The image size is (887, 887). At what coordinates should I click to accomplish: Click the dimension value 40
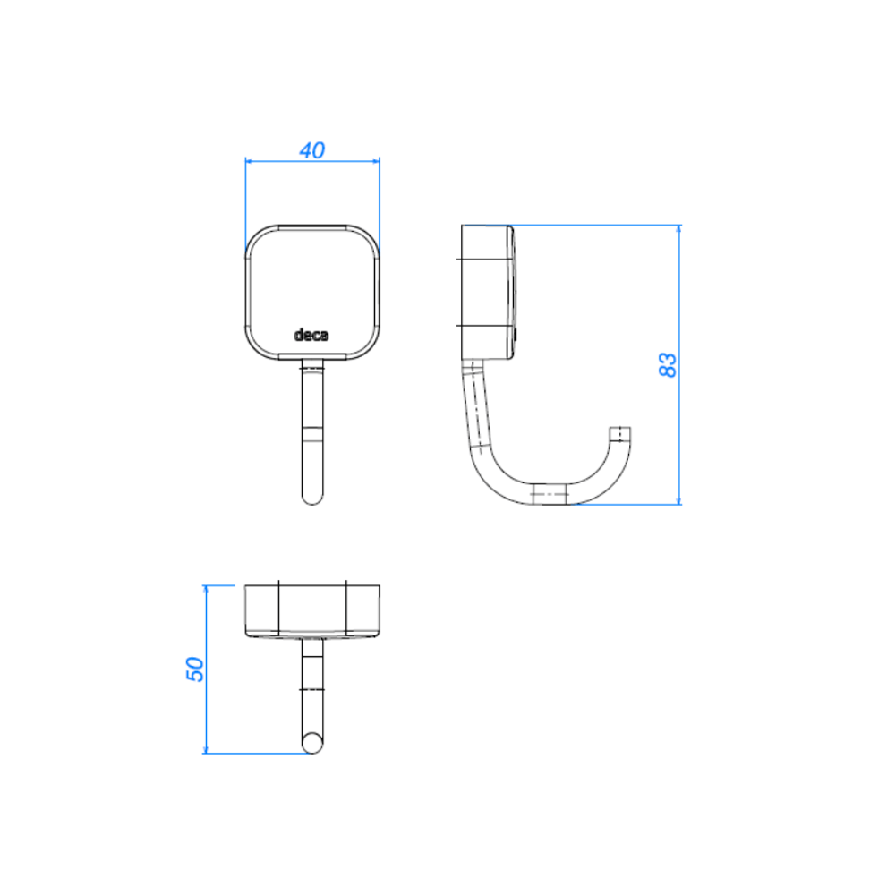[x=311, y=150]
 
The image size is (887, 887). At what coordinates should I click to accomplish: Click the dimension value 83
[x=668, y=365]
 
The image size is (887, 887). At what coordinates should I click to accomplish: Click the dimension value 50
[x=195, y=670]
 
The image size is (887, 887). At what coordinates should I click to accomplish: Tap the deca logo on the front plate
[x=311, y=336]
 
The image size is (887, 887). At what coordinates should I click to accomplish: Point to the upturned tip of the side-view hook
[x=620, y=434]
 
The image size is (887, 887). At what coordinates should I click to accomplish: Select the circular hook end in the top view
[x=312, y=743]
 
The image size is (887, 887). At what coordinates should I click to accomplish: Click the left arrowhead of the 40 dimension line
[x=248, y=161]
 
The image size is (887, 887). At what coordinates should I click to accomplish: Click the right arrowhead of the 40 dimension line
[x=376, y=161]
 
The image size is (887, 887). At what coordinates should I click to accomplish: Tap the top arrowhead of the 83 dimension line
[x=678, y=228]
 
